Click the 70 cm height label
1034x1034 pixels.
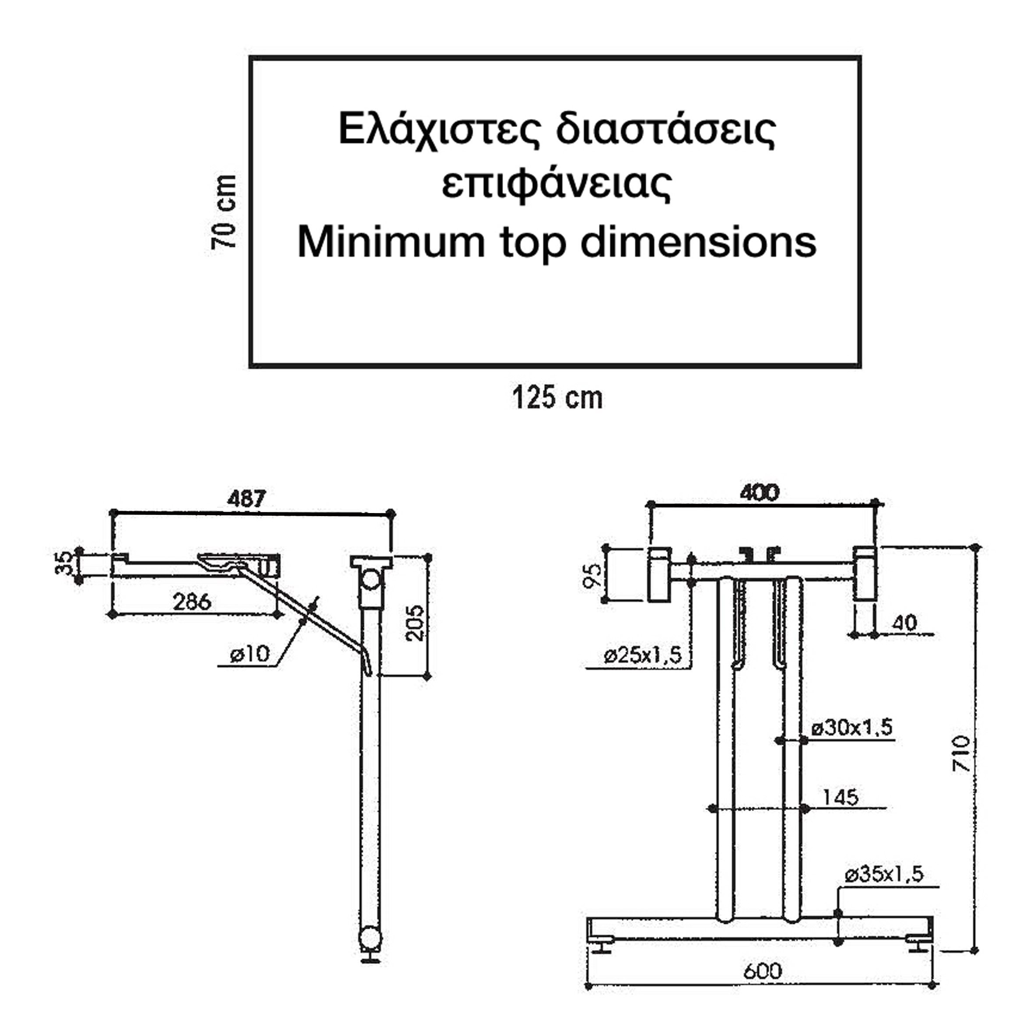(224, 212)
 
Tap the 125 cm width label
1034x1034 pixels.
(557, 398)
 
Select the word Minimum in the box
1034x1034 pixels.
(390, 243)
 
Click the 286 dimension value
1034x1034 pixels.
(192, 602)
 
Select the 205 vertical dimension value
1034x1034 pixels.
(415, 623)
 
